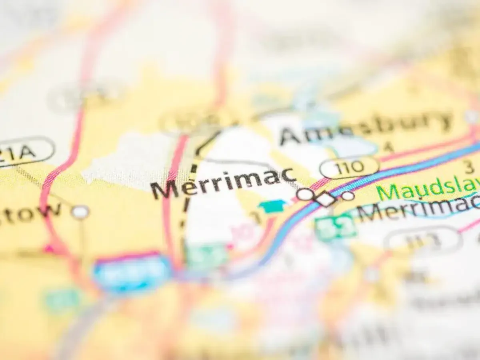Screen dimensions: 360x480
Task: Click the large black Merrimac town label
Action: pyautogui.click(x=224, y=183)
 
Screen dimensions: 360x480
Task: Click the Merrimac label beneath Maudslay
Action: pyautogui.click(x=418, y=209)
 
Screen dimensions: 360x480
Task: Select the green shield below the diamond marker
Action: pyautogui.click(x=335, y=226)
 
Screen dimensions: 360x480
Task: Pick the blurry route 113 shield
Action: pyautogui.click(x=422, y=239)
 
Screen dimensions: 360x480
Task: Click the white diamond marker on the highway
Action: pyautogui.click(x=326, y=198)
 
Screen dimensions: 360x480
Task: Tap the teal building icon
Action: pyautogui.click(x=272, y=206)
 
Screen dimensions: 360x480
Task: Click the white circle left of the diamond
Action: pyautogui.click(x=305, y=194)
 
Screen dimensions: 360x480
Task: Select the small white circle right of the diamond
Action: pyautogui.click(x=348, y=196)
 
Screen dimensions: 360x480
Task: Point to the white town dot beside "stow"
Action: pyautogui.click(x=80, y=212)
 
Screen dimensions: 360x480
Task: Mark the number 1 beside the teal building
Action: pyautogui.click(x=254, y=218)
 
